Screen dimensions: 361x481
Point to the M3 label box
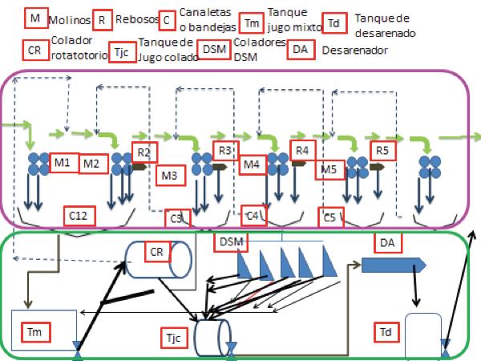tap(169, 175)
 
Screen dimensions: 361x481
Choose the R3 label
tap(225, 149)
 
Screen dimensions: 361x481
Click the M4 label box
tap(253, 165)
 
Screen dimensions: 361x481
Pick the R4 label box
tap(302, 149)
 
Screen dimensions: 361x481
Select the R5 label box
tap(382, 149)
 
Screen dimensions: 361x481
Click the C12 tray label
tap(79, 214)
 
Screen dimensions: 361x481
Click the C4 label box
tap(253, 214)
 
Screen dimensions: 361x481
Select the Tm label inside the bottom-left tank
tap(34, 330)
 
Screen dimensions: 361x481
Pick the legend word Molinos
tap(68, 18)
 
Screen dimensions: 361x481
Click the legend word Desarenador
tap(354, 50)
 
